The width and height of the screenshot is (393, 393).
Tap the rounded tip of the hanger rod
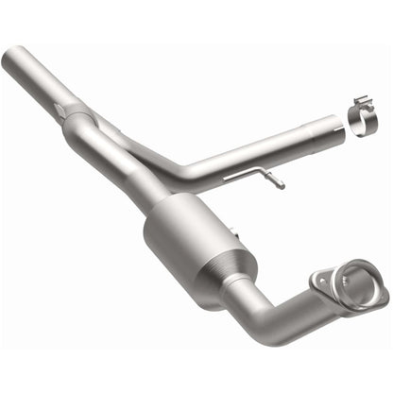(281, 186)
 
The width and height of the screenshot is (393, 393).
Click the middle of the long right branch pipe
(255, 151)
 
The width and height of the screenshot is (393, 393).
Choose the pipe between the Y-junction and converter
(123, 170)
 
